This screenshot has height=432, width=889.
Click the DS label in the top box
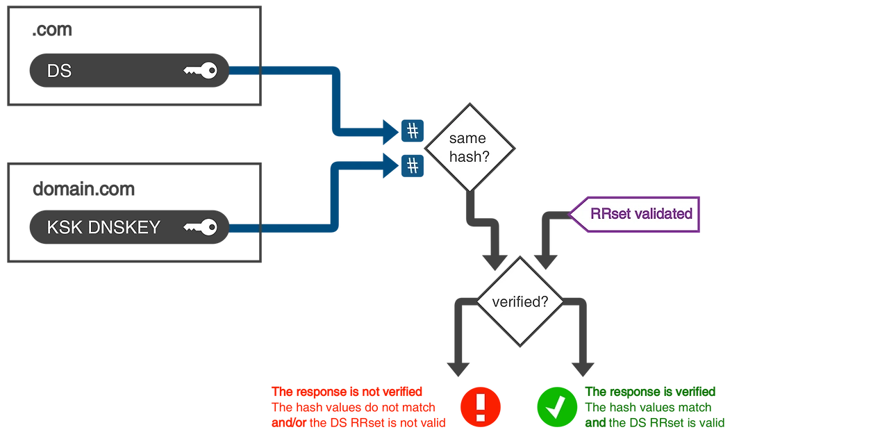pos(59,71)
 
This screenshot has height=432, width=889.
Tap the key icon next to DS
pos(201,70)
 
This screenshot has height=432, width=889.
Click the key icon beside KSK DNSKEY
pos(201,227)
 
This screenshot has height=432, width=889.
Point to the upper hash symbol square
pos(413,130)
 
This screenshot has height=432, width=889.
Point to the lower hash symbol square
pos(413,165)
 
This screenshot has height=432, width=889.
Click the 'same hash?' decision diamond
pos(469,147)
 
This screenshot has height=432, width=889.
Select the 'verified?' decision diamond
pos(520,302)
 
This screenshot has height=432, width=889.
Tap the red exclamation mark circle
pos(481,406)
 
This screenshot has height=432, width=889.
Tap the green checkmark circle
pos(556,406)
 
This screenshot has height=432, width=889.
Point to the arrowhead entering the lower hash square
pos(390,165)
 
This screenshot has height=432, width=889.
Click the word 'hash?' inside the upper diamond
pos(469,157)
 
